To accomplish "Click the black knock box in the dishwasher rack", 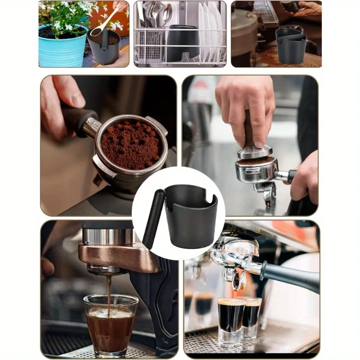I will pos(182,43).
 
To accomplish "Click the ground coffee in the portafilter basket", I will pos(130,144).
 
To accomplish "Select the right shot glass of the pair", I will pos(252,317).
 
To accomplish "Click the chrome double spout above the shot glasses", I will pos(236,274).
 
